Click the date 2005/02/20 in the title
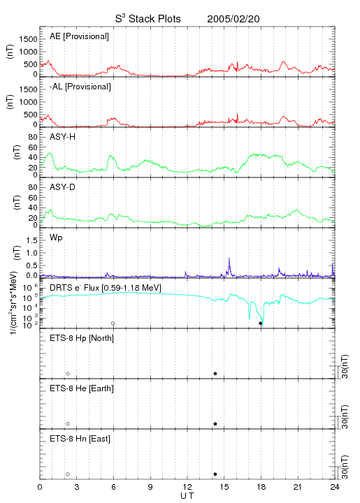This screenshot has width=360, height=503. pos(233,19)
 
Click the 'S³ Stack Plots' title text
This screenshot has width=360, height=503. pos(148,19)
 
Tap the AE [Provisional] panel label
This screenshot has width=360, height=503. pos(79,36)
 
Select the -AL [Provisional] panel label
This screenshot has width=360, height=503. pos(80,87)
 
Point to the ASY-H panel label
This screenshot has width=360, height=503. pos(63,137)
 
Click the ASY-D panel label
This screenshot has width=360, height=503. pos(63,187)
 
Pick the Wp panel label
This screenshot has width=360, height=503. pos(56,238)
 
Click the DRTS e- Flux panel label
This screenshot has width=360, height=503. pos(106,288)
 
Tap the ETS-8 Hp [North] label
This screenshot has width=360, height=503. pos(82,338)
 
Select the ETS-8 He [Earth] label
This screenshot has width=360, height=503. pos(82,388)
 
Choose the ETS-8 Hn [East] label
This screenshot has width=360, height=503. pos(80,439)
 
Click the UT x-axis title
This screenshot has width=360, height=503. pos(187,496)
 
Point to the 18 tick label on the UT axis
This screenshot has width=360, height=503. pos(261,487)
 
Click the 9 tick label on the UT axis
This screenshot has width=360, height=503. pos(150,487)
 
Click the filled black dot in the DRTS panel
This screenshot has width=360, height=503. pos(261,323)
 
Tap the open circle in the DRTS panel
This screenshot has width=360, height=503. pos(113,323)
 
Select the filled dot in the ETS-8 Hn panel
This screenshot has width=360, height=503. pos(215,474)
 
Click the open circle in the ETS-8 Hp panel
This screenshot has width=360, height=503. pos(68,373)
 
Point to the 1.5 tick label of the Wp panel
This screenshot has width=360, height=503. pos(31,240)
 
